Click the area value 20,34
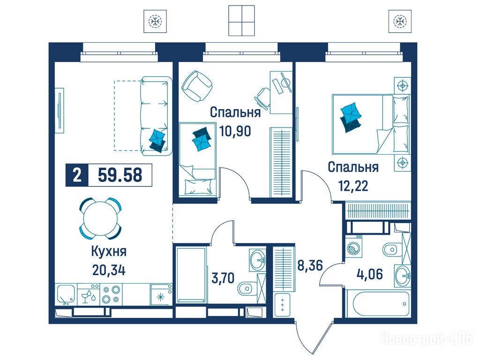[x=108, y=270]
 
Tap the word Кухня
[x=109, y=252]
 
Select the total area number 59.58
[x=120, y=175]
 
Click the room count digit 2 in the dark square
[x=77, y=175]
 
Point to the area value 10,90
[x=235, y=131]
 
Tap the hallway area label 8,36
[x=310, y=265]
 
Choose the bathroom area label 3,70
[x=223, y=278]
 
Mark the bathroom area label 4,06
[x=369, y=274]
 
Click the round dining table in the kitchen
[x=100, y=218]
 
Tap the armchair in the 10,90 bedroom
[x=197, y=86]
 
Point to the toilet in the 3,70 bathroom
[x=247, y=288]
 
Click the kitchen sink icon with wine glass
[x=88, y=294]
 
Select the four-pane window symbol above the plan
[x=241, y=20]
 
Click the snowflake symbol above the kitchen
[x=155, y=21]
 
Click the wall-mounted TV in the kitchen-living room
[x=60, y=111]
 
